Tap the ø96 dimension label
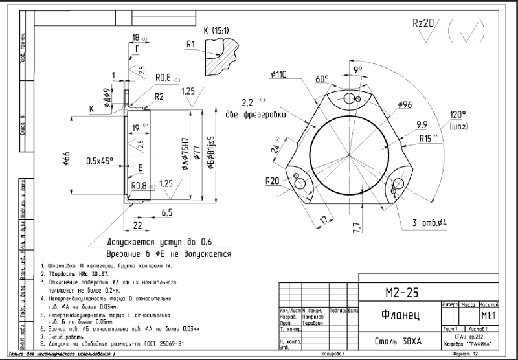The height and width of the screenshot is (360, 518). pyautogui.click(x=405, y=105)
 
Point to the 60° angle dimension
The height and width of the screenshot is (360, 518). pyautogui.click(x=322, y=79)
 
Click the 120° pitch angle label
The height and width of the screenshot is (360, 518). pyautogui.click(x=458, y=115)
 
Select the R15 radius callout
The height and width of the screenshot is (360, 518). pyautogui.click(x=426, y=139)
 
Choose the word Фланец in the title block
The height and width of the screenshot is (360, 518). pyautogui.click(x=398, y=316)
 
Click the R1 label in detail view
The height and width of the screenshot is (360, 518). pyautogui.click(x=190, y=45)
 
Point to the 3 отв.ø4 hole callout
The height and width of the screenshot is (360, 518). pyautogui.click(x=433, y=223)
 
